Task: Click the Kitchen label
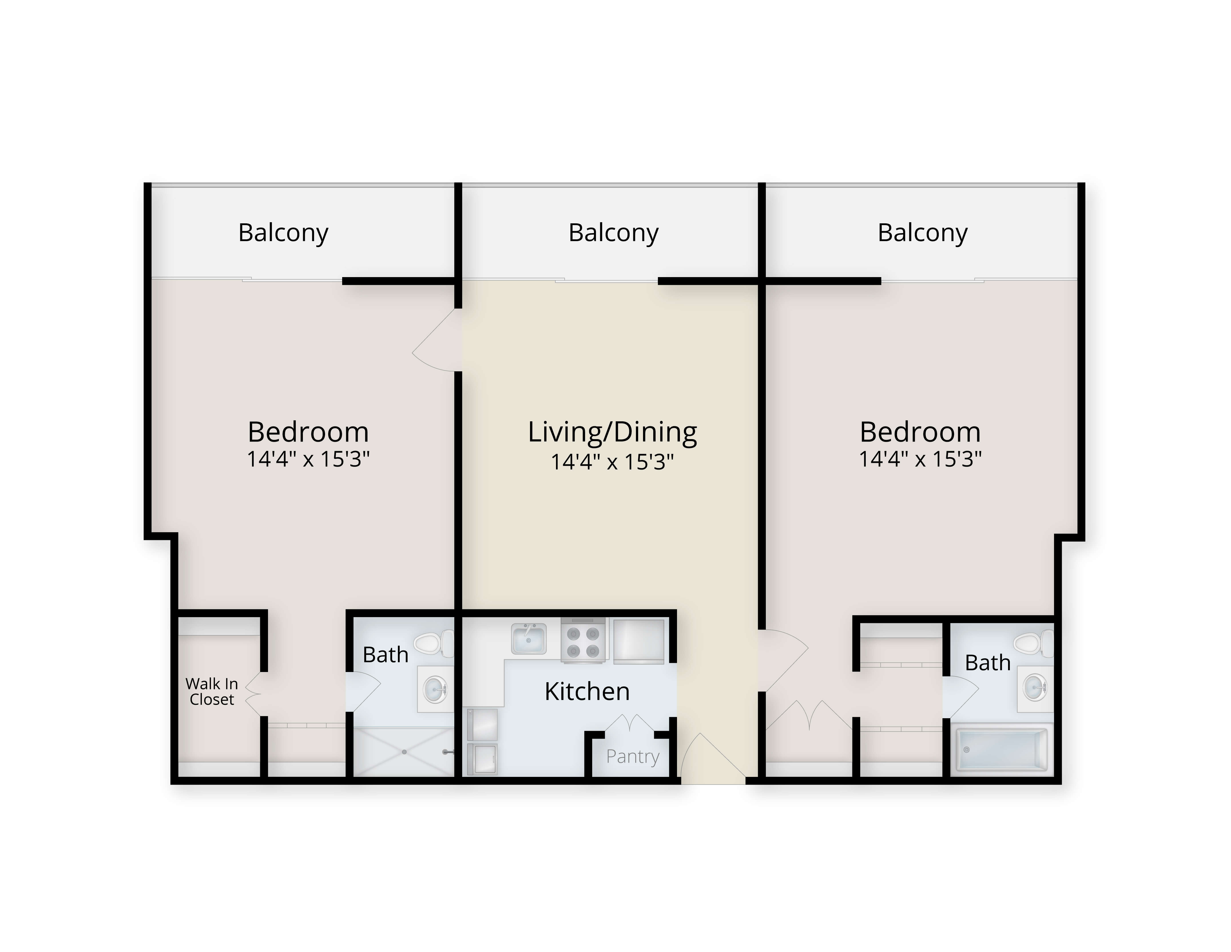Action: tap(587, 691)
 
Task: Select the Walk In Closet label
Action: tap(212, 691)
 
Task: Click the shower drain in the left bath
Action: tap(404, 752)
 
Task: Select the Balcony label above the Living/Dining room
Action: tap(613, 233)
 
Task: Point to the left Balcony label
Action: tap(283, 233)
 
